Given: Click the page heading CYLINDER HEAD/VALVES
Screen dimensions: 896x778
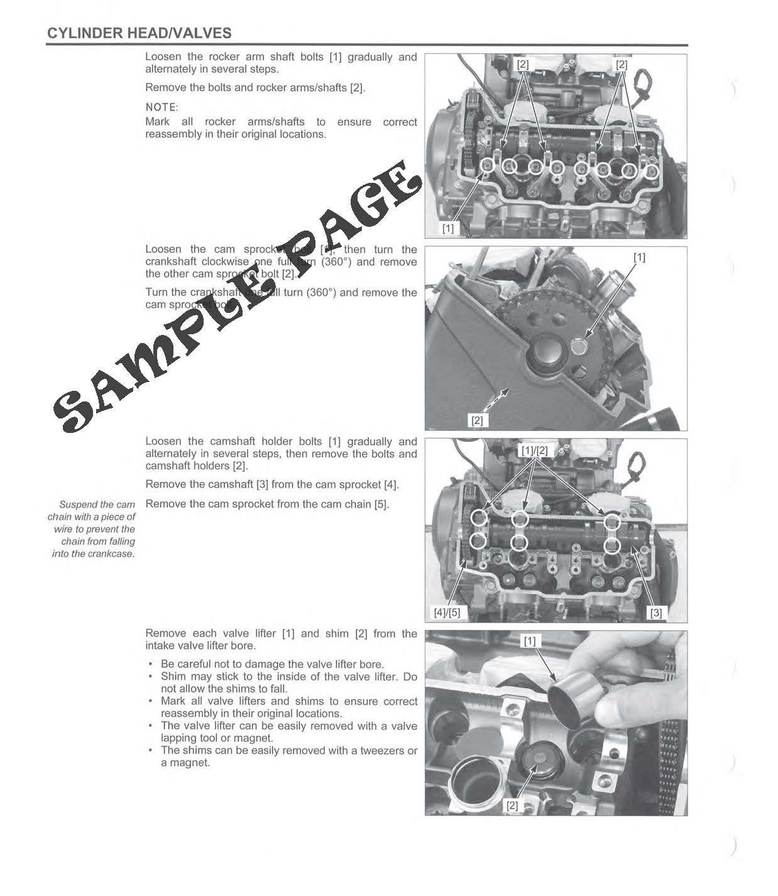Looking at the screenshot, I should (x=139, y=33).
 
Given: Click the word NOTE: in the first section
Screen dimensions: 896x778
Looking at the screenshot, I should (x=162, y=107).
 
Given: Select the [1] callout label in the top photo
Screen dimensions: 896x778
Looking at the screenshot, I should (x=447, y=229).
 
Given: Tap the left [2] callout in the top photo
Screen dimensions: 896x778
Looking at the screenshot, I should (x=523, y=64).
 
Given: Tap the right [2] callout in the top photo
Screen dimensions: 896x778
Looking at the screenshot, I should (x=622, y=64).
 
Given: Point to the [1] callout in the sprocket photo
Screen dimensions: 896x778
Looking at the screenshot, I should (x=639, y=257).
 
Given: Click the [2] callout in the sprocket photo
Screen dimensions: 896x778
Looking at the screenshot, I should (x=476, y=420).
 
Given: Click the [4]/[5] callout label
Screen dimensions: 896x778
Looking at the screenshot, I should (x=447, y=613).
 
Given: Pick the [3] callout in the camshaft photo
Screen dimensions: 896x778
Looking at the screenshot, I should (x=655, y=613).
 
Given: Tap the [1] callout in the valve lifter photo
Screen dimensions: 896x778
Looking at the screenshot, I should (x=530, y=641).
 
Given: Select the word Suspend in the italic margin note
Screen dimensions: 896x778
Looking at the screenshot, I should (x=78, y=505).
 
